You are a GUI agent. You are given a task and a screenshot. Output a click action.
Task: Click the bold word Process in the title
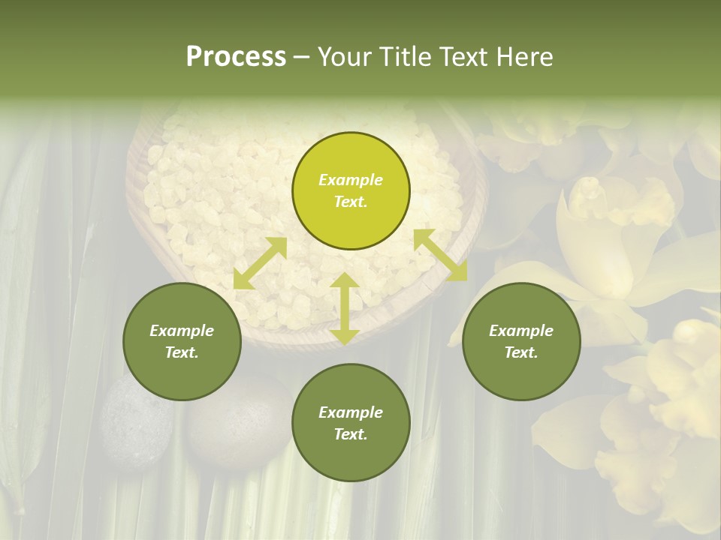(x=236, y=57)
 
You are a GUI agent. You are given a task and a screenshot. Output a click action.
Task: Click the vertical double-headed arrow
(x=344, y=308)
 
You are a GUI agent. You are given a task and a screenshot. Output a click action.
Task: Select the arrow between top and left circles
(x=260, y=263)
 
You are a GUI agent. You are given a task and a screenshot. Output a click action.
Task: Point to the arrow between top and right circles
(x=440, y=255)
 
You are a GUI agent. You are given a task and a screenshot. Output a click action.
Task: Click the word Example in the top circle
(x=351, y=180)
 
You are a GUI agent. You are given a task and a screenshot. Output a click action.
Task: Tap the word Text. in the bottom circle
(x=351, y=434)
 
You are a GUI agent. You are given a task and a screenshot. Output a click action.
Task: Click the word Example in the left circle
(x=182, y=331)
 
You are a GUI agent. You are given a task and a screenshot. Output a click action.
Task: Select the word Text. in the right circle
(x=521, y=352)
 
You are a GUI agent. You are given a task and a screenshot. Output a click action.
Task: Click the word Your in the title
(x=342, y=57)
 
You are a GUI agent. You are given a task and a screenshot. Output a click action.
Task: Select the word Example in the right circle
(x=521, y=331)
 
